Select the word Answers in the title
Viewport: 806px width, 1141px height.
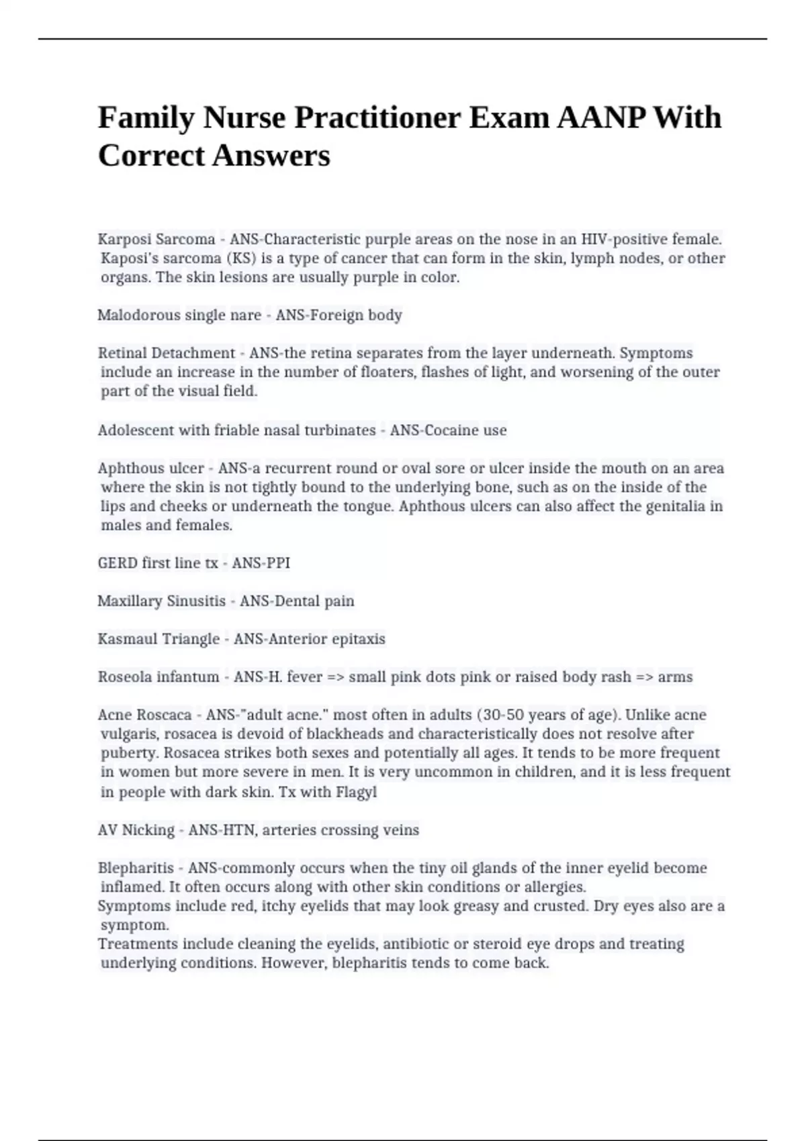271,156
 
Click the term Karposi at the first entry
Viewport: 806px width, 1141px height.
122,240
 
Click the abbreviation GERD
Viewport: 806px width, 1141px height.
117,563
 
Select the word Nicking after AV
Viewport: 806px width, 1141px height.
148,830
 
